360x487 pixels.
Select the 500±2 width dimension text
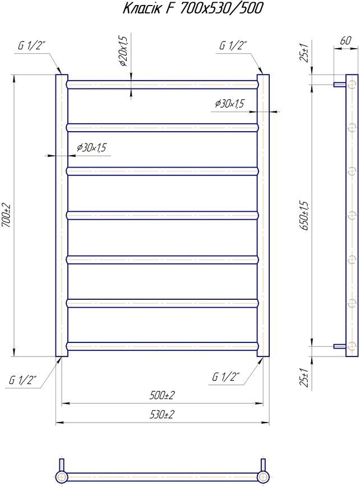point(162,396)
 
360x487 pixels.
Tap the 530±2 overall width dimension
point(162,414)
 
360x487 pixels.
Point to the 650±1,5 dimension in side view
point(304,216)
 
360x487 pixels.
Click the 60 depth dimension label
point(345,40)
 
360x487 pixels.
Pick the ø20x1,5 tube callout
point(123,51)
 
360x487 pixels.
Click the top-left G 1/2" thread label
point(32,46)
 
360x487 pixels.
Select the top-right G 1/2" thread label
point(233,45)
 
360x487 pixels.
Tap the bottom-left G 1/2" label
point(22,380)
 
